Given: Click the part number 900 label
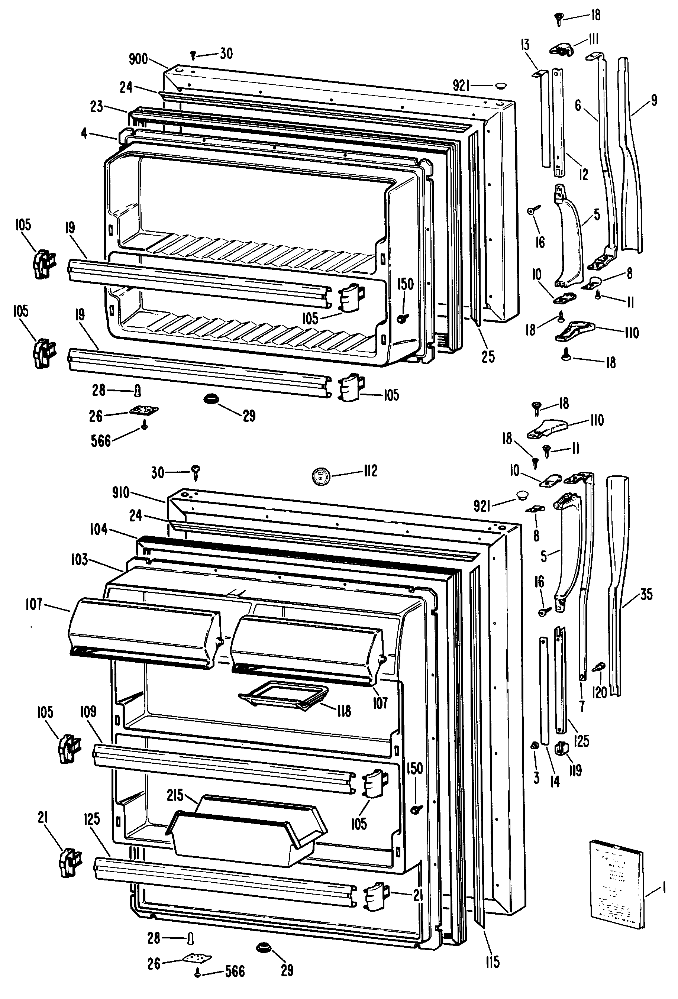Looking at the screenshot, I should click(138, 59).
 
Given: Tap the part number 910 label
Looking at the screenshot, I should click(120, 492).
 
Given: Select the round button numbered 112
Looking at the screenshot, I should click(320, 476).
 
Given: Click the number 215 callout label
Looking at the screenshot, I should click(175, 795).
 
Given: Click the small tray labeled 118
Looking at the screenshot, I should click(284, 695).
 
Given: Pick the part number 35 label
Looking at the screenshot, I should click(646, 595).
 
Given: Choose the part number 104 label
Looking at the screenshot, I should click(99, 529).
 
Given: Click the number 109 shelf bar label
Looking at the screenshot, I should click(88, 712).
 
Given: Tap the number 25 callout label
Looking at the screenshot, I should click(488, 356).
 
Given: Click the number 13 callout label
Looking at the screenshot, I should click(524, 45).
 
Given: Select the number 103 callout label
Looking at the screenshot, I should click(80, 560).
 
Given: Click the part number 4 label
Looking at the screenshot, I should click(84, 134).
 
